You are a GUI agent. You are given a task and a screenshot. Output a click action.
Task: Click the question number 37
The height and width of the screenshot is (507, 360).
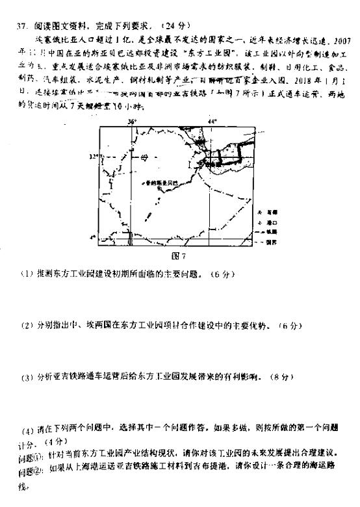pyautogui.click(x=21, y=26)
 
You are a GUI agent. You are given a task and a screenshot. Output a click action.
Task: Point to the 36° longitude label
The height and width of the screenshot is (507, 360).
pyautogui.click(x=132, y=121)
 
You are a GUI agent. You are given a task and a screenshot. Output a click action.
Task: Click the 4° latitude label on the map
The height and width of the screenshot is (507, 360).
pyautogui.click(x=93, y=237)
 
